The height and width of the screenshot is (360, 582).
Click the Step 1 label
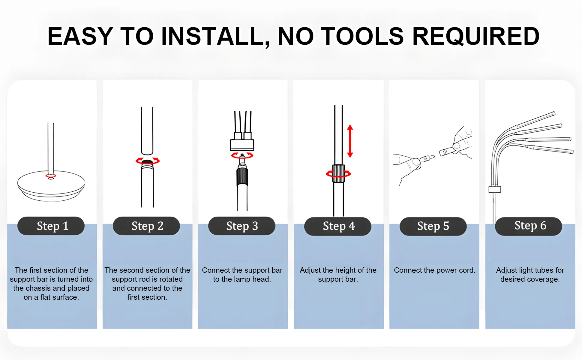point(51,226)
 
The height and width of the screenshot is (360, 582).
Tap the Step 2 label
point(146,226)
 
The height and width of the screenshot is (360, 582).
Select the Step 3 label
point(242,226)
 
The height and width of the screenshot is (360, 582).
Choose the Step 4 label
point(338,226)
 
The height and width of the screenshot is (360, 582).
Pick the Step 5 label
point(433,226)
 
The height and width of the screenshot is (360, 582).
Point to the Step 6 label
point(529,226)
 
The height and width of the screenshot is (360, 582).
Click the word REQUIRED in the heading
point(476,36)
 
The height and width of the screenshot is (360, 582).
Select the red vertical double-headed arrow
point(350,141)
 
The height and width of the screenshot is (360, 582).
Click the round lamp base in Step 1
point(51,186)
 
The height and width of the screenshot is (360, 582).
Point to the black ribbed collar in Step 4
point(338,173)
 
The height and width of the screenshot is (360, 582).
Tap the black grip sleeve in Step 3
point(242,176)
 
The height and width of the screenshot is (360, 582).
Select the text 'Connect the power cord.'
point(434,270)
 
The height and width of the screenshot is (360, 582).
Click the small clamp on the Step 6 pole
point(494,189)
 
